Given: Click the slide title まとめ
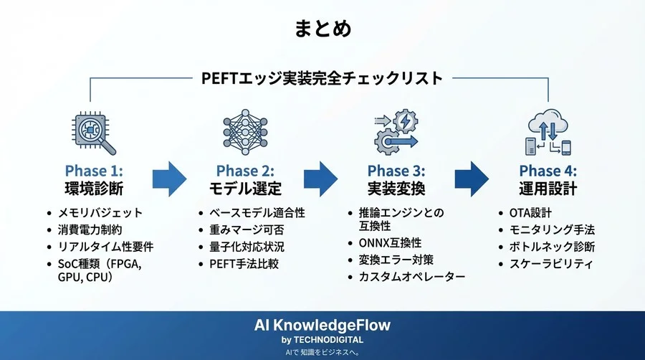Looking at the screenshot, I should (322, 29).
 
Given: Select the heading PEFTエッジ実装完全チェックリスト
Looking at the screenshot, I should (322, 78).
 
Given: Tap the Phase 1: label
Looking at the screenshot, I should (94, 171).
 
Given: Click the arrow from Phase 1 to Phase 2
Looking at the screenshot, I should (169, 179).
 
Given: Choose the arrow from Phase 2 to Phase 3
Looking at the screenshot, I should (320, 179).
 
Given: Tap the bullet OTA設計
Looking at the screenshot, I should (530, 213).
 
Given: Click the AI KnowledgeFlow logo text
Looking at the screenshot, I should (322, 325).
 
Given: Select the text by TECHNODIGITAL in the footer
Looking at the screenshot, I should (322, 339).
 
